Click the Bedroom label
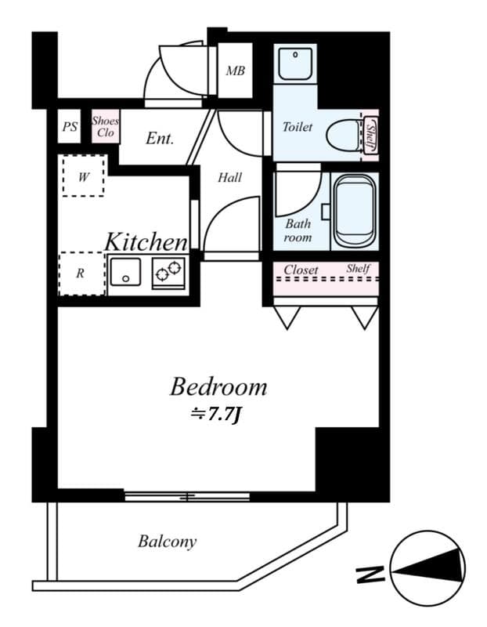(218, 386)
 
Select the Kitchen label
(146, 241)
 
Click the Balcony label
(167, 541)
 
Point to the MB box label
(235, 71)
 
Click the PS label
(70, 126)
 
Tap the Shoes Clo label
(105, 127)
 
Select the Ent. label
(160, 138)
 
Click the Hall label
(229, 177)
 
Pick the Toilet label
(297, 127)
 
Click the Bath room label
(298, 230)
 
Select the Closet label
(301, 270)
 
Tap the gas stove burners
(168, 272)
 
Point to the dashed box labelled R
(81, 274)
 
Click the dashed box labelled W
(83, 176)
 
